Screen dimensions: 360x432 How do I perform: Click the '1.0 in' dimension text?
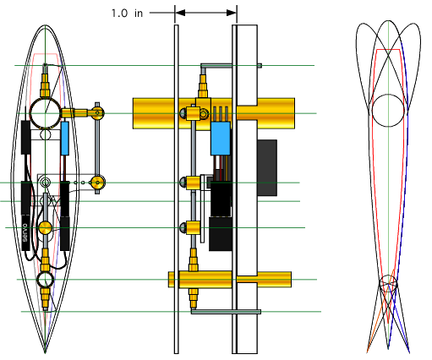point(127,13)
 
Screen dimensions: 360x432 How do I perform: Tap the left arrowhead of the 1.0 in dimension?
point(180,13)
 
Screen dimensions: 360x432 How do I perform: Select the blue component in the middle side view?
point(221,138)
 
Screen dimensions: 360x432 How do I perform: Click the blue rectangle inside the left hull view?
point(66,138)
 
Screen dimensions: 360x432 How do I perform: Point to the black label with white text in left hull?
point(25,230)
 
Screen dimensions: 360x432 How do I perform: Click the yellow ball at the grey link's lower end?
point(99,181)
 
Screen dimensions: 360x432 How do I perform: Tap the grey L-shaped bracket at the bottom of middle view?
point(220,312)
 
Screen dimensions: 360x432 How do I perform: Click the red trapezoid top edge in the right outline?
point(388,51)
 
